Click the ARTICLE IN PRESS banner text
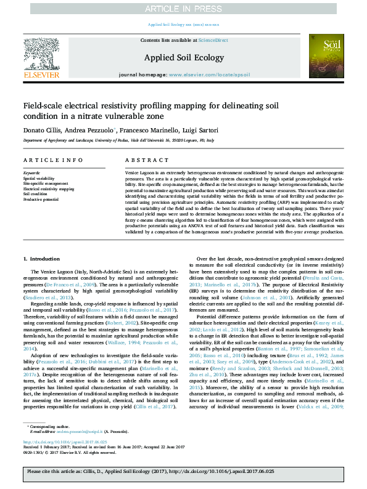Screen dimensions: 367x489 pyautogui.click(x=183, y=9)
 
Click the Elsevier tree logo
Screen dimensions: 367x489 pyautogui.click(x=41, y=54)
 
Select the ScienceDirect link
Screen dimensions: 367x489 pyautogui.click(x=213, y=40)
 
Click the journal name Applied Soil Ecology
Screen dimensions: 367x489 pyautogui.click(x=183, y=57)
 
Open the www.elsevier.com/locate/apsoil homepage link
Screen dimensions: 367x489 pyautogui.click(x=209, y=74)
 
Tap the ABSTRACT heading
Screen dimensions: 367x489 pyautogui.click(x=138, y=160)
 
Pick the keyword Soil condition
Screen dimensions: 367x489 pyautogui.click(x=35, y=194)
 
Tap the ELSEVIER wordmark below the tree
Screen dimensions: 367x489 pyautogui.click(x=41, y=75)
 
